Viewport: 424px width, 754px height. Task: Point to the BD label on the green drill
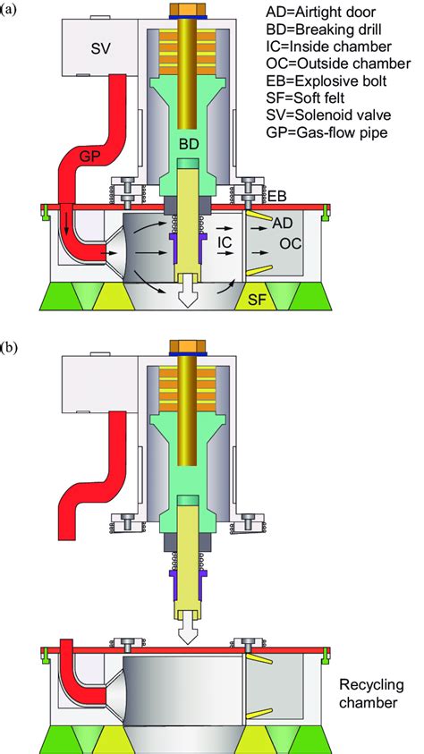[x=191, y=144]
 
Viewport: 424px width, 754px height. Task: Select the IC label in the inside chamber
[x=225, y=243]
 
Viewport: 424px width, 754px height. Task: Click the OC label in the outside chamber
[x=292, y=244]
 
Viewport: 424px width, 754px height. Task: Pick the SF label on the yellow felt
[x=259, y=301]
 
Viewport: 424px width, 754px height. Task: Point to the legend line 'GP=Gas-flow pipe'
[x=326, y=130]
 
